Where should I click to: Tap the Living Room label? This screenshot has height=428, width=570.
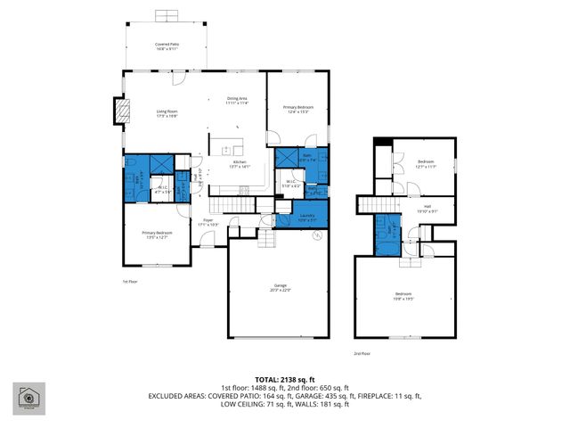tap(167, 113)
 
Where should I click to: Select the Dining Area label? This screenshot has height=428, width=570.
tap(236, 100)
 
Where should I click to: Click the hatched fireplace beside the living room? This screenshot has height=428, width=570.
tap(117, 111)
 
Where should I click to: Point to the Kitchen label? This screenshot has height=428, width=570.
tap(240, 163)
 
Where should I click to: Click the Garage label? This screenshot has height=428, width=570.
tap(280, 288)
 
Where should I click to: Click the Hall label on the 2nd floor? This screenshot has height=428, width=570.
tap(427, 208)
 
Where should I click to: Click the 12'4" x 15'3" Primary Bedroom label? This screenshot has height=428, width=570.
tap(298, 109)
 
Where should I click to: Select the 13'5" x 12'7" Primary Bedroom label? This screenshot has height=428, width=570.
tap(157, 235)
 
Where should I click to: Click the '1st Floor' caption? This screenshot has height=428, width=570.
tap(131, 282)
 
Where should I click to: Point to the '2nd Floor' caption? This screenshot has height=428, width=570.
tap(362, 353)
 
